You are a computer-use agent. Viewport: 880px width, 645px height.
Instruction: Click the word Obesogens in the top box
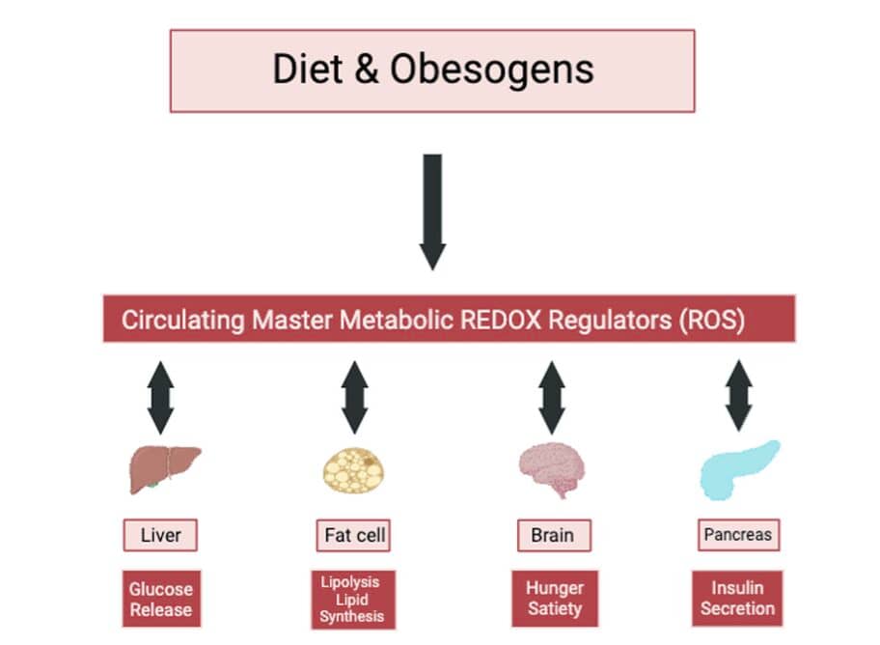492,70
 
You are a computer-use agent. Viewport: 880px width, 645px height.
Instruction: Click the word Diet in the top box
307,70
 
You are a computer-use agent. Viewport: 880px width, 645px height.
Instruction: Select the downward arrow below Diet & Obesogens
432,212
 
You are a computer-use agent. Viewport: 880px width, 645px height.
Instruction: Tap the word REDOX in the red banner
501,320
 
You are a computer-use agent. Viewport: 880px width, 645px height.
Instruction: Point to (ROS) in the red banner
712,320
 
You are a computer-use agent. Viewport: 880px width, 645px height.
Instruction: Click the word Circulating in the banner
183,320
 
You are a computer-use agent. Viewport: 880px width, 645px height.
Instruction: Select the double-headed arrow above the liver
160,398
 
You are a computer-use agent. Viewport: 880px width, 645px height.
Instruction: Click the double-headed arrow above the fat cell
355,398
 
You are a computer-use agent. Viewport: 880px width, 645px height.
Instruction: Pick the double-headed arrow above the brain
552,398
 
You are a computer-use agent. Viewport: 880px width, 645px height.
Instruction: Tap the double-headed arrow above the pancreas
739,396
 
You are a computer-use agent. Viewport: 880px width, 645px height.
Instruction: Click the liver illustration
164,469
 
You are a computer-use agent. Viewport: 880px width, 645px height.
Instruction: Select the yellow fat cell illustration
353,470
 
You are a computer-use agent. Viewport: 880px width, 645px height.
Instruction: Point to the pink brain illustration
552,469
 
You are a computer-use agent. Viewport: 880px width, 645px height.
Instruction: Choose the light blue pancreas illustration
739,470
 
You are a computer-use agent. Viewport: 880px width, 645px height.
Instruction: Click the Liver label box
160,535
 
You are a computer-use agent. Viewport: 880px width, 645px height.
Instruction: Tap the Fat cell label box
353,536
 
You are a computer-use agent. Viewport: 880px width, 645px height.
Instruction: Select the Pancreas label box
738,534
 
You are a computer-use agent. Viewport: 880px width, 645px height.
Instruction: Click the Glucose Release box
162,599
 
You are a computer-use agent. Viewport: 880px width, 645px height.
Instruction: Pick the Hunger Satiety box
555,599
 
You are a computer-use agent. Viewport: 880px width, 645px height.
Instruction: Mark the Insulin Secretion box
737,599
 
